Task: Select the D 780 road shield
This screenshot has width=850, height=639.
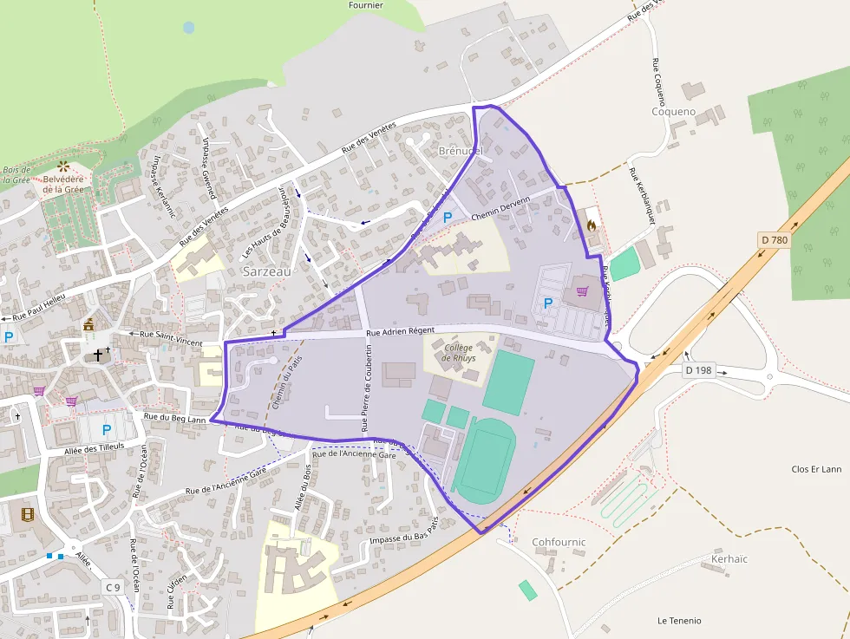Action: tap(774, 239)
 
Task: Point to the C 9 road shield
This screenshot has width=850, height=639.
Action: tap(113, 587)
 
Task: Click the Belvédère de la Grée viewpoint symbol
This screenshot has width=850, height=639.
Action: tap(62, 165)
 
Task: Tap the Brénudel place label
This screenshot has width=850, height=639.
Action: tap(461, 150)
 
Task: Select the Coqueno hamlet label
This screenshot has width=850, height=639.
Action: tap(674, 111)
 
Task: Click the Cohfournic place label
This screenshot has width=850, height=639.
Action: tap(559, 542)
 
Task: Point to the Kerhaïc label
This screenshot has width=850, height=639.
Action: tap(729, 559)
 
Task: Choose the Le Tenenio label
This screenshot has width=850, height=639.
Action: tap(679, 621)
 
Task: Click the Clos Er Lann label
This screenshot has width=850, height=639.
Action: tap(816, 469)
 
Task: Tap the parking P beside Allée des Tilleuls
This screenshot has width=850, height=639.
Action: tap(107, 430)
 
